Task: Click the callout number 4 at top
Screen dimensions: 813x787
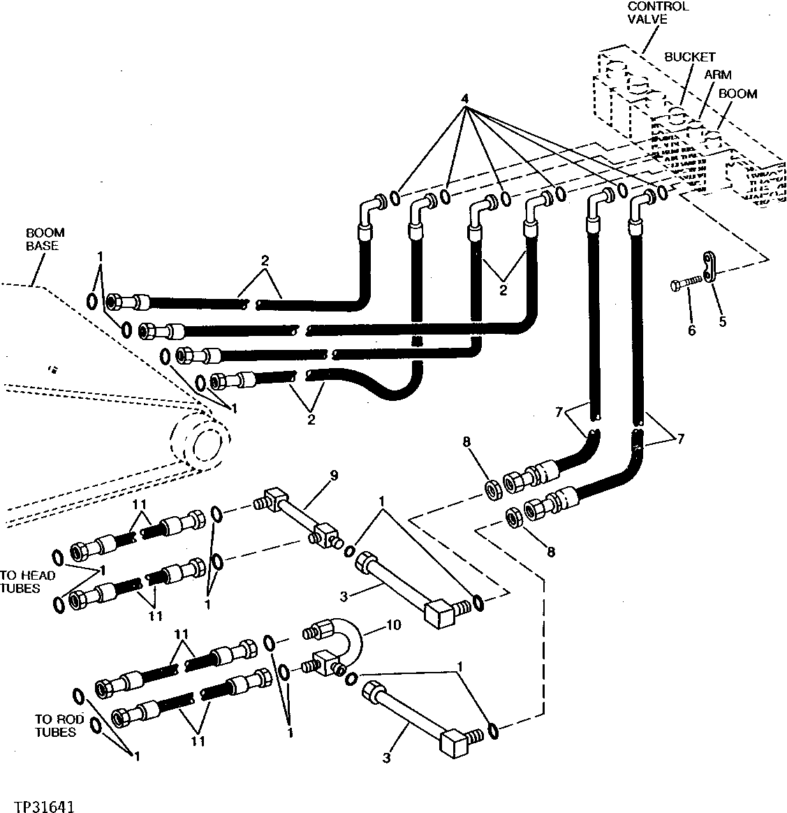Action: click(463, 98)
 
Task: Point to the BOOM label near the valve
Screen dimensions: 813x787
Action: click(737, 94)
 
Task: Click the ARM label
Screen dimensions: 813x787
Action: click(717, 74)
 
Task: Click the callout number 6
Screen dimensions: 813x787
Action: click(691, 330)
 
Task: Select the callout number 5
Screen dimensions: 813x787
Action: click(723, 321)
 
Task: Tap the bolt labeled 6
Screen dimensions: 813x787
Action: click(684, 285)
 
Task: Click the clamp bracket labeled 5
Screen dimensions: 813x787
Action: click(709, 269)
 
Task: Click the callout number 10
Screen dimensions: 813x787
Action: click(393, 624)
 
